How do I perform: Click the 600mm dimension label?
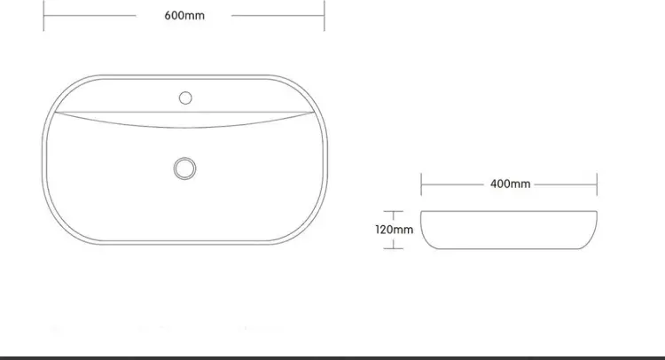184,16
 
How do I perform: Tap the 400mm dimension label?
510,184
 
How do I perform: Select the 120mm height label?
394,230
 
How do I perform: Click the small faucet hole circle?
185,98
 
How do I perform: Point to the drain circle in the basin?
185,168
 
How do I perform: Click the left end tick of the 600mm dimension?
43,16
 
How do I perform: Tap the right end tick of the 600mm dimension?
325,16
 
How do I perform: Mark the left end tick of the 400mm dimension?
421,184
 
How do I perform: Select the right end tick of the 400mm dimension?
597,184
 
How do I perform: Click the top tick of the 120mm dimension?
393,211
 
